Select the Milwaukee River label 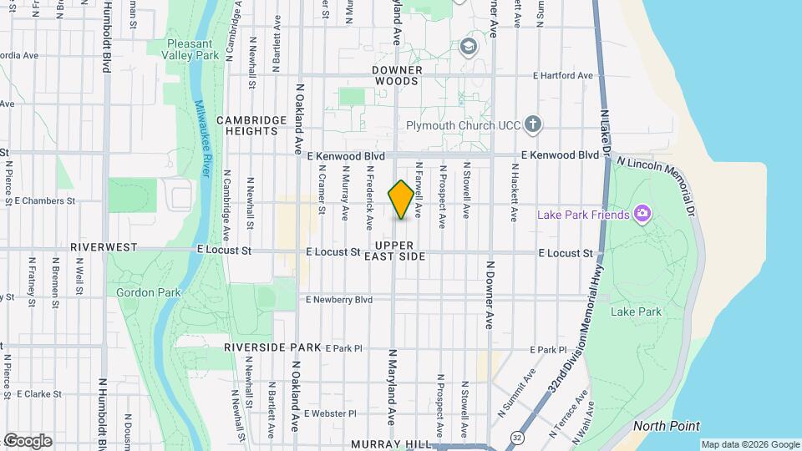(x=202, y=139)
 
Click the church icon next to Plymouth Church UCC (x=534, y=126)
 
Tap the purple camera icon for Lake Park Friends (x=642, y=215)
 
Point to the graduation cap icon (x=469, y=46)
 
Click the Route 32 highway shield (x=518, y=437)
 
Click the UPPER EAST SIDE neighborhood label (x=395, y=251)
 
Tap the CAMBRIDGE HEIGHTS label (x=246, y=125)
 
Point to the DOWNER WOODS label (x=398, y=75)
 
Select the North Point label (x=666, y=426)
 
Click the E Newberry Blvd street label (x=339, y=299)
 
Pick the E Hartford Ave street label (x=564, y=75)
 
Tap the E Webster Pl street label (x=330, y=413)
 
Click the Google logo (x=28, y=440)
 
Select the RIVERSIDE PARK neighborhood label (x=272, y=347)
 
